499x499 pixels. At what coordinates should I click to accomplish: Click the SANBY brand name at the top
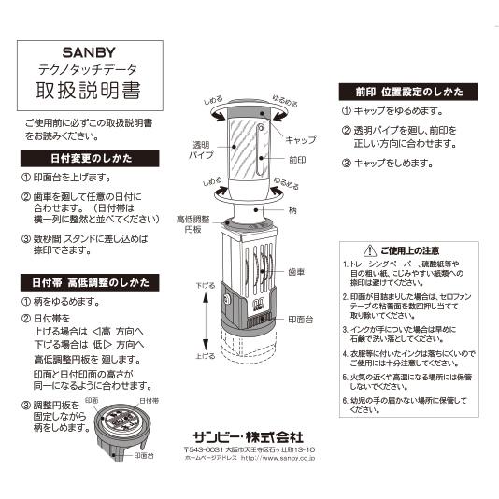(x=88, y=53)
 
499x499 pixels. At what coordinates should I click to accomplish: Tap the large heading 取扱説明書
(x=88, y=92)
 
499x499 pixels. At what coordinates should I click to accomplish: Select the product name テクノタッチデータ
(x=88, y=70)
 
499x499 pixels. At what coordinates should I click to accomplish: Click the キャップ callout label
(x=300, y=139)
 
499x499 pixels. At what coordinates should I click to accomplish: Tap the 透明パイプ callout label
(x=203, y=150)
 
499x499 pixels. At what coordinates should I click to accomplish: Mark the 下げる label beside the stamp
(x=206, y=284)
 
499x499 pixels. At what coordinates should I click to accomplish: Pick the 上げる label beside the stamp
(x=206, y=356)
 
